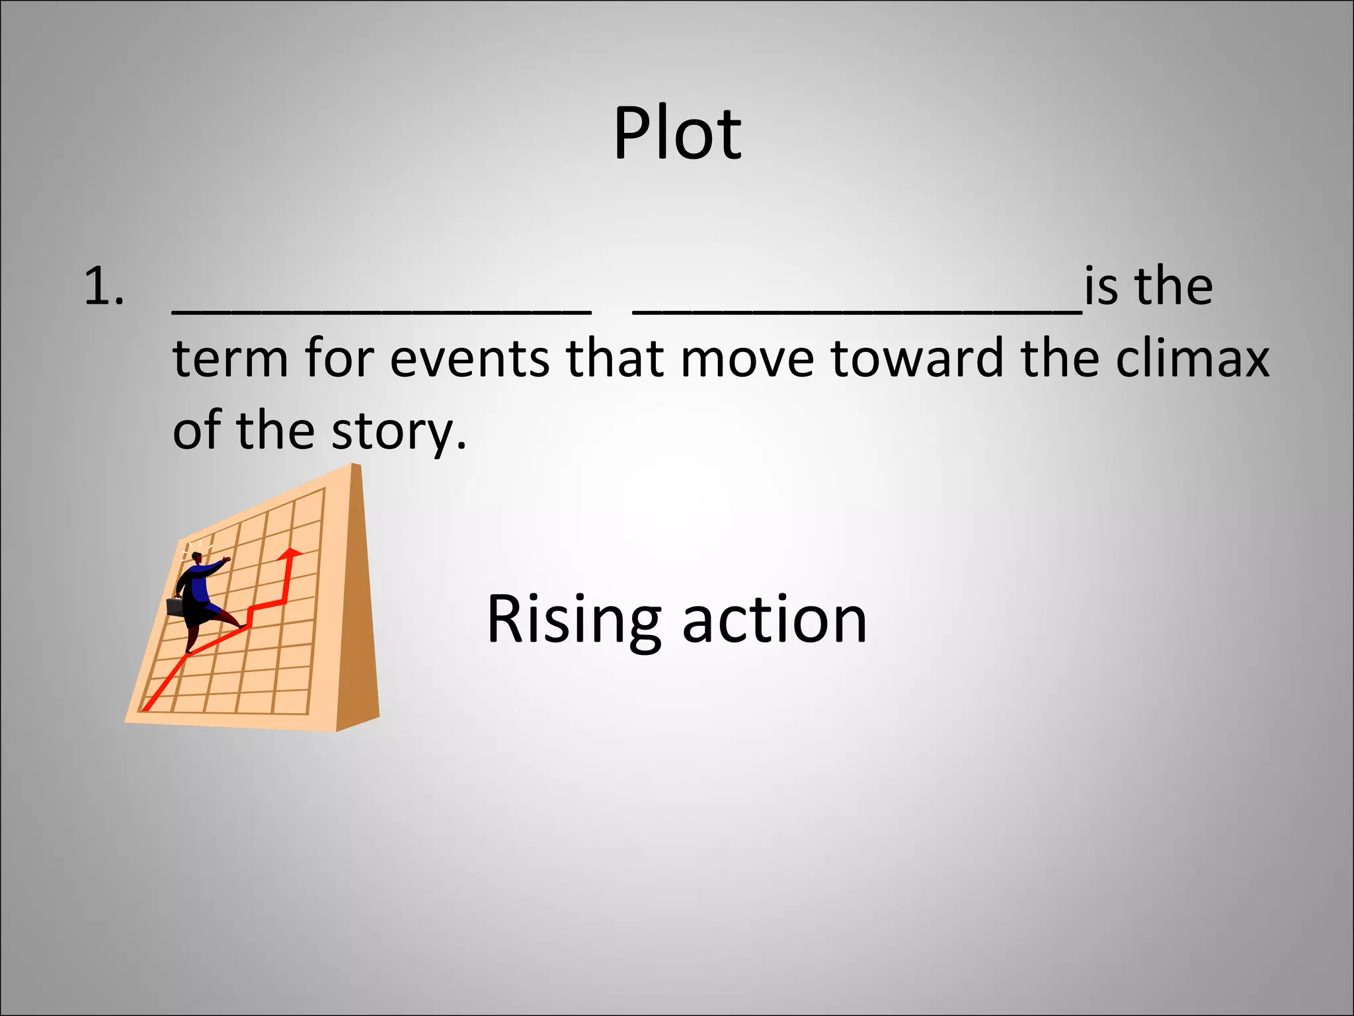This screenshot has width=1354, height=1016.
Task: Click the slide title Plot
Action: [677, 134]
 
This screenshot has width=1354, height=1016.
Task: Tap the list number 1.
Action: [104, 288]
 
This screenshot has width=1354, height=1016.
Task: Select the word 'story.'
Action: [399, 431]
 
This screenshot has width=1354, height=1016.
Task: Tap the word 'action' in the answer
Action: [774, 620]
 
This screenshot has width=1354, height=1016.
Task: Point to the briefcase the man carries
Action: [175, 607]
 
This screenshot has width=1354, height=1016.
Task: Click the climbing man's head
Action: [196, 557]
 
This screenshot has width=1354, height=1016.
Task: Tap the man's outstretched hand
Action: [227, 560]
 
